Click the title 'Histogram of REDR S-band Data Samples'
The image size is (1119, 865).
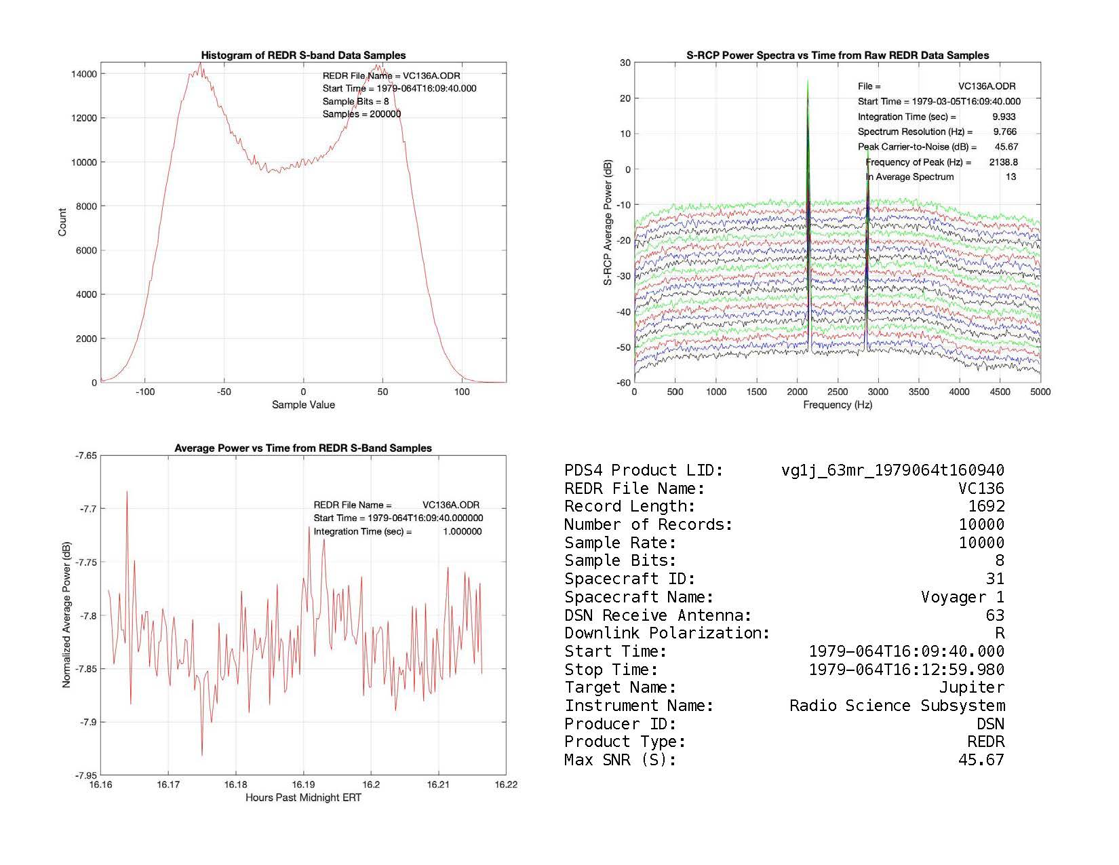[x=303, y=56]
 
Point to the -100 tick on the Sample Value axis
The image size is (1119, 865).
[x=144, y=392]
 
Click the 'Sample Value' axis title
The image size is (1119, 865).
[x=303, y=405]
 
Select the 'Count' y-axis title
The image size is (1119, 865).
[x=62, y=223]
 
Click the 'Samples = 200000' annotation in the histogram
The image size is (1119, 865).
[x=361, y=114]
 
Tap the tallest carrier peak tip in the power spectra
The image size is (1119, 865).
[x=808, y=81]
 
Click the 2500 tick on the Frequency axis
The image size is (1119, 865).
[x=838, y=392]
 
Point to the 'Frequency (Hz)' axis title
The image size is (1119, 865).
[x=838, y=405]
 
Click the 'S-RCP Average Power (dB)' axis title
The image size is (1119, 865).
[x=608, y=223]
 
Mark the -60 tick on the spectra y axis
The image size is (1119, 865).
[x=623, y=383]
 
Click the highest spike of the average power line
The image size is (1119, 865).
[x=127, y=492]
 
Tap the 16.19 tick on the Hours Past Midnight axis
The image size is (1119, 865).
[x=303, y=785]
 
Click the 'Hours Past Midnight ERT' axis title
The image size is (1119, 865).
[x=303, y=798]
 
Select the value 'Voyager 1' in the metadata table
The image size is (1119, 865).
[x=962, y=598]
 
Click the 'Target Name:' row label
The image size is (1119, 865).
[x=620, y=688]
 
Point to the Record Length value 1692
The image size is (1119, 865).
[x=986, y=507]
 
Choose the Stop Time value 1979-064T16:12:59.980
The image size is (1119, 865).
[x=906, y=670]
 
